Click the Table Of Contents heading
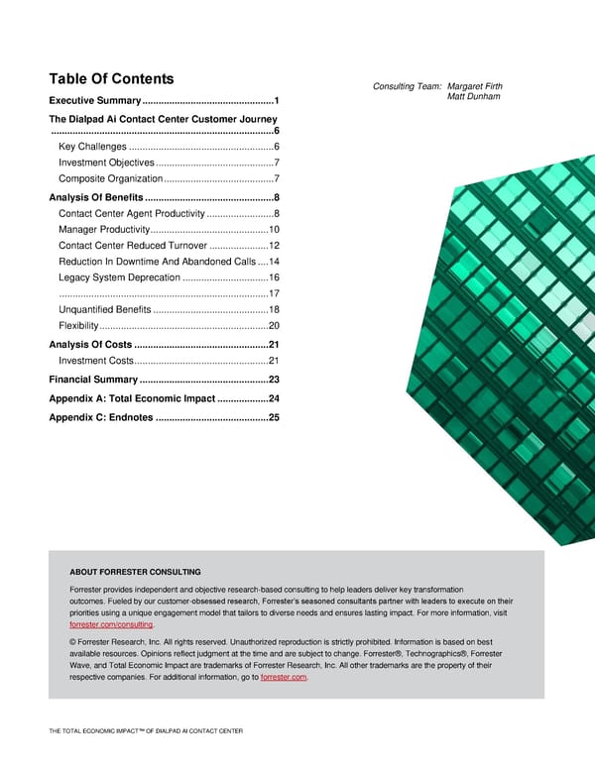click(x=112, y=79)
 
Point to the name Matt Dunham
click(x=474, y=96)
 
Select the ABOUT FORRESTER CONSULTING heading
click(x=135, y=572)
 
